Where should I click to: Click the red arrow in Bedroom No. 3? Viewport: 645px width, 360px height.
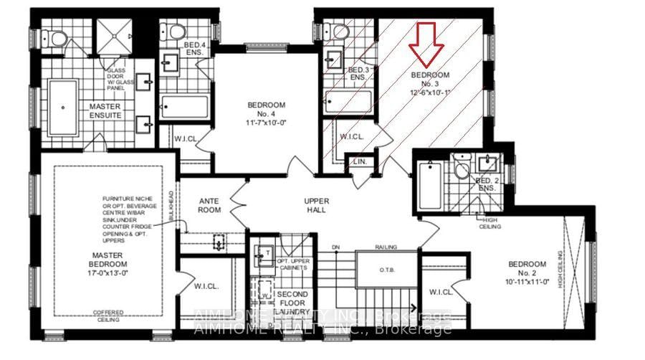click(x=426, y=42)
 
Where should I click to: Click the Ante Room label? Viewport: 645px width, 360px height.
click(x=210, y=205)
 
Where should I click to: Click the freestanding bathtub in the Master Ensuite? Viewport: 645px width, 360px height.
click(x=64, y=107)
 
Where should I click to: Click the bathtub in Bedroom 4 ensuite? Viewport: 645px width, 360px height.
click(x=184, y=108)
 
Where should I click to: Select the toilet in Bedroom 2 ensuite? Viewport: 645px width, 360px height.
click(x=462, y=171)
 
